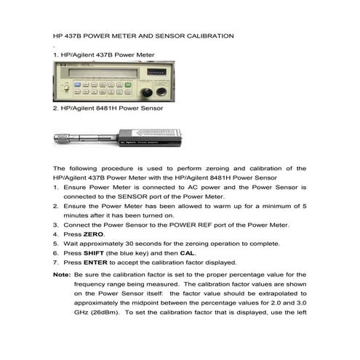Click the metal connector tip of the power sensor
click(63, 136)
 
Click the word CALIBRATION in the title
click(204, 35)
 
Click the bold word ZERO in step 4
click(94, 234)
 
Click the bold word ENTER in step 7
click(96, 262)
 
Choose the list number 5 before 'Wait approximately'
click(56, 243)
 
